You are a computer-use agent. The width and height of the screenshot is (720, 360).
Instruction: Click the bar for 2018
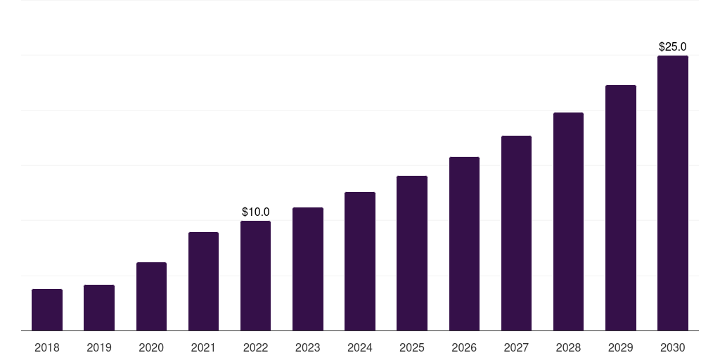click(x=47, y=310)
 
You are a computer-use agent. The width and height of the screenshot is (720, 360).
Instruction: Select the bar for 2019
click(x=99, y=308)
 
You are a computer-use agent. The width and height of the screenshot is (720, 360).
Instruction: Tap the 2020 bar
click(x=151, y=297)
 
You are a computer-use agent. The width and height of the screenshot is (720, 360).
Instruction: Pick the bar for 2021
click(x=203, y=281)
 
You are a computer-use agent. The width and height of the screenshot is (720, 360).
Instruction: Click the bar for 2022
click(x=255, y=276)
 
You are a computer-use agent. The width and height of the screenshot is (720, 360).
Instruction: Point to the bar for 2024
click(x=359, y=262)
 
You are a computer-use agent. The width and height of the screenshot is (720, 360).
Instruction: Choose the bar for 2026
click(x=464, y=244)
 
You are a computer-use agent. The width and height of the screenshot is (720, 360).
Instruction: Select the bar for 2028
click(x=568, y=221)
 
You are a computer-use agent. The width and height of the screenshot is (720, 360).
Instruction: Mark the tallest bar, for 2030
click(x=673, y=193)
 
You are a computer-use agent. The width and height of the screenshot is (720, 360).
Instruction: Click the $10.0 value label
click(x=256, y=212)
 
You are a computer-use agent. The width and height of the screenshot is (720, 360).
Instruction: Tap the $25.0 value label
click(x=673, y=47)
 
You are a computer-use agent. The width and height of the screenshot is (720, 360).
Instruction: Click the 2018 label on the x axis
click(x=47, y=348)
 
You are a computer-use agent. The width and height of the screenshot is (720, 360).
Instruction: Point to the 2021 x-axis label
click(x=203, y=348)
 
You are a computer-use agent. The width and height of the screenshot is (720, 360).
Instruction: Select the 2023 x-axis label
click(x=308, y=348)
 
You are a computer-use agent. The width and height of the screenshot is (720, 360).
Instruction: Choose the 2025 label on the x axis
click(x=412, y=348)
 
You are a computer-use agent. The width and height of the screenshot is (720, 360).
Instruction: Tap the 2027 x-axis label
click(x=516, y=348)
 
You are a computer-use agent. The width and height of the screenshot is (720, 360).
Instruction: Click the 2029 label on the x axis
click(x=621, y=348)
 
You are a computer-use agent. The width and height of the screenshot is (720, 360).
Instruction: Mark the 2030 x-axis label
click(x=673, y=348)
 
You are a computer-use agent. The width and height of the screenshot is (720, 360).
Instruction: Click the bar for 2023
click(x=308, y=269)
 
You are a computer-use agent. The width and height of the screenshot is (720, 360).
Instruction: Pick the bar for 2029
click(x=621, y=208)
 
